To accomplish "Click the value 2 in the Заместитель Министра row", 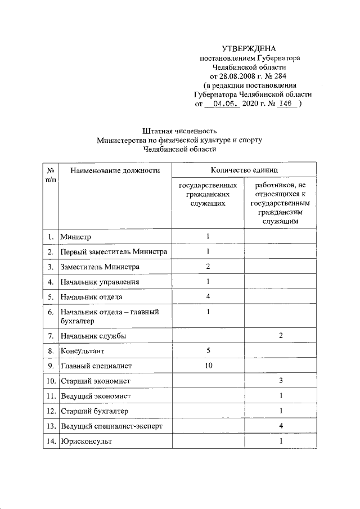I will pyautogui.click(x=208, y=266).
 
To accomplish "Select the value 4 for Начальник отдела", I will pyautogui.click(x=208, y=296).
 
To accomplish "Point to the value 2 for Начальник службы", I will pyautogui.click(x=280, y=336).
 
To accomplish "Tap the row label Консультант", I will pyautogui.click(x=83, y=351).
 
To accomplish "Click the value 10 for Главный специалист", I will pyautogui.click(x=208, y=366).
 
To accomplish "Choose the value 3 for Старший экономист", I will pyautogui.click(x=280, y=381).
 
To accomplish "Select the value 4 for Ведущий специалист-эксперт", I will pyautogui.click(x=280, y=426).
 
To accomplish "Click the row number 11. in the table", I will pyautogui.click(x=51, y=396).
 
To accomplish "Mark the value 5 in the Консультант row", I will pyautogui.click(x=208, y=351).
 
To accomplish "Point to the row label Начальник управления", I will pyautogui.click(x=100, y=281).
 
